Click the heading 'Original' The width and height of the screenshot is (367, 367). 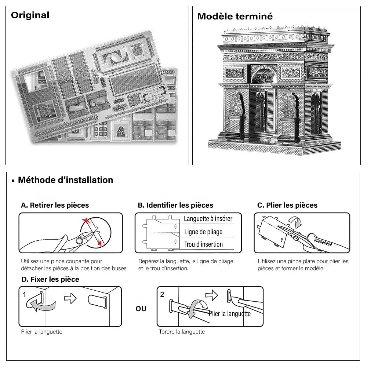pos(30,15)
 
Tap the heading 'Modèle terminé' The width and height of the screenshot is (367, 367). pos(235,17)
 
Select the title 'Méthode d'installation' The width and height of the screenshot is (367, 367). pos(65,180)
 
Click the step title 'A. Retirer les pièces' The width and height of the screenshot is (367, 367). pos(55,205)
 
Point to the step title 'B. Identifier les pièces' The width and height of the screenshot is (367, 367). pos(175,205)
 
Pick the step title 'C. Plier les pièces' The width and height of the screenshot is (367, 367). pos(287,205)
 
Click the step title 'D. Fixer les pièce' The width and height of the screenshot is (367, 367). pos(50,279)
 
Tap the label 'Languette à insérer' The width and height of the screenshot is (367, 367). pos(208,219)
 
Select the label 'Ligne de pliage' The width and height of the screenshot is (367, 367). pos(203,232)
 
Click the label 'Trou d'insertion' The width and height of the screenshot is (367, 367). pos(203,244)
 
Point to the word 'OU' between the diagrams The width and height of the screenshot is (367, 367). pos(141,309)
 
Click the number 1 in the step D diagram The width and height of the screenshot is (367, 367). pos(24,294)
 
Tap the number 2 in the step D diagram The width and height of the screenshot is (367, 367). pos(162,294)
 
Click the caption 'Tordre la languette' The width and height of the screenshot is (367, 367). pos(182,332)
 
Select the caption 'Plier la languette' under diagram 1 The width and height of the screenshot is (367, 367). pos(41,332)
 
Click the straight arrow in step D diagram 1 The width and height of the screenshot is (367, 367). pos(70,298)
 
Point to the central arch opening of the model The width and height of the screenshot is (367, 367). pos(264,106)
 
